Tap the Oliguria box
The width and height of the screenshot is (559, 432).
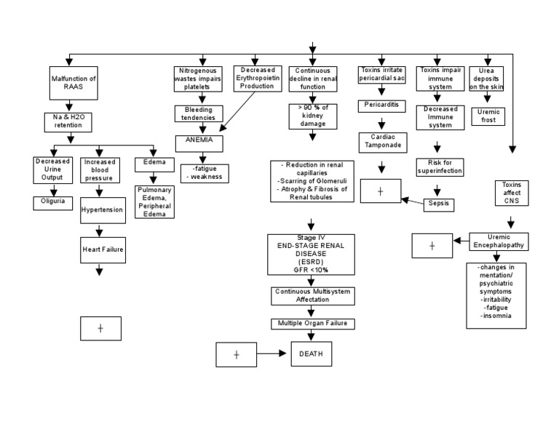pyautogui.click(x=54, y=202)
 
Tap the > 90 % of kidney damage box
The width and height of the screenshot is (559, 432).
pyautogui.click(x=312, y=116)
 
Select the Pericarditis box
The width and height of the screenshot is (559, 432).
pyautogui.click(x=381, y=105)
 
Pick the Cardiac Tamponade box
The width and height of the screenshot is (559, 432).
pyautogui.click(x=381, y=141)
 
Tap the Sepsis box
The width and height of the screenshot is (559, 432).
pyautogui.click(x=439, y=204)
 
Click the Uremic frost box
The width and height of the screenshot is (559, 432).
pyautogui.click(x=485, y=116)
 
